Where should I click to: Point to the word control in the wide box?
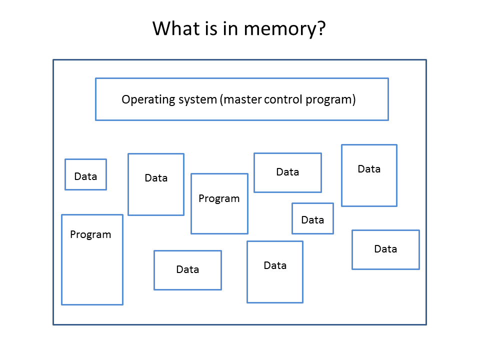coord(283,99)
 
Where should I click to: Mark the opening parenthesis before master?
coord(221,100)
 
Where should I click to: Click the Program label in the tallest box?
coord(90,235)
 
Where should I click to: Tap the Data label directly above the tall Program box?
coord(85,176)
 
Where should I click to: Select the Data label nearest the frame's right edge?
coord(385,249)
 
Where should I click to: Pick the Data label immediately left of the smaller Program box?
coord(156,178)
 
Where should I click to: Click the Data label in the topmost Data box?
coord(369,169)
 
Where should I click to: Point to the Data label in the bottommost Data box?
coord(275,265)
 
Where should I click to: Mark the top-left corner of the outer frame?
coord(53,60)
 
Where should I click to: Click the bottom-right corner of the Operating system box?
coord(388,120)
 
